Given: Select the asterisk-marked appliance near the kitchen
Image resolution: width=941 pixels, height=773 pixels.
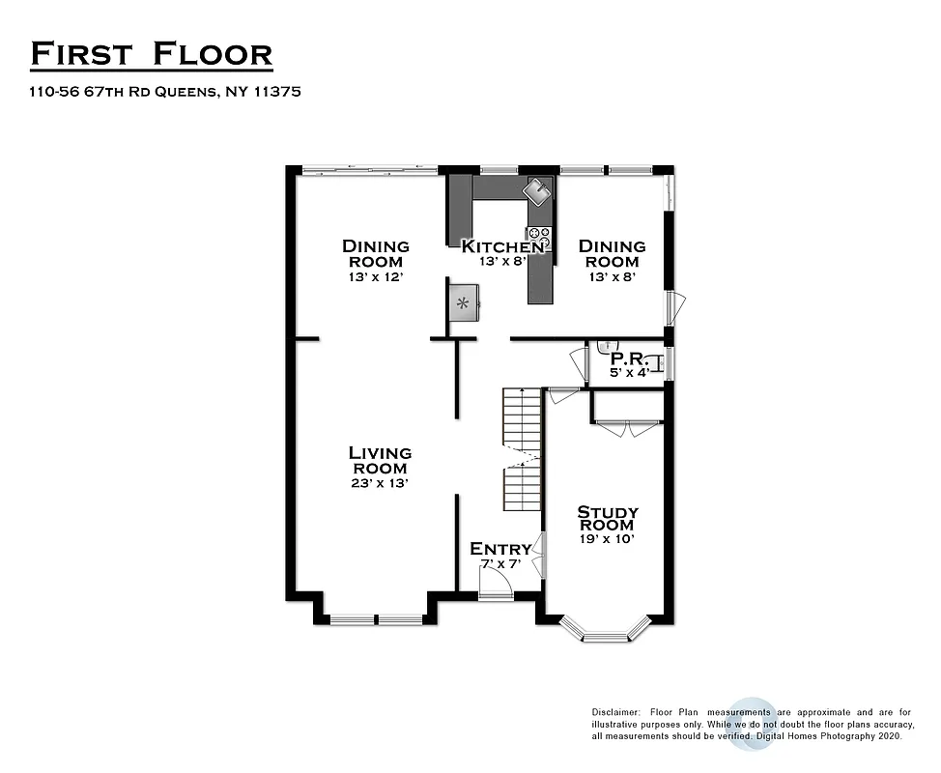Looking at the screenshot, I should point(464,303).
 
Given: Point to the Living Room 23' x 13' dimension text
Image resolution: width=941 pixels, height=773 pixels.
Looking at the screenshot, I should point(380,483).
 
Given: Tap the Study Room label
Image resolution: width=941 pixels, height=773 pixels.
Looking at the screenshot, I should point(607,518).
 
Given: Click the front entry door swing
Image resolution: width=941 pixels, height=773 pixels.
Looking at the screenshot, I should point(497,582).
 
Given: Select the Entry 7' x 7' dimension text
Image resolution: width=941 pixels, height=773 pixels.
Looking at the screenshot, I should point(500,564).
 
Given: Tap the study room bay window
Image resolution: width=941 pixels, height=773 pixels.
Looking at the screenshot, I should point(607,636).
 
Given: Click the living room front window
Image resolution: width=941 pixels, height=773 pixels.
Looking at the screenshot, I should point(375,619).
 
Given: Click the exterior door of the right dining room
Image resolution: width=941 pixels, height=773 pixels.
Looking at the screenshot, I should point(675,307).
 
